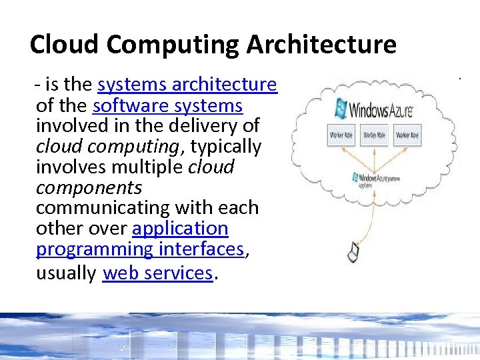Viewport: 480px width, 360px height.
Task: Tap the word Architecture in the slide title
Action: coord(321,45)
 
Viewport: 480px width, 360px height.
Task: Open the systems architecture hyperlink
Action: coord(187,85)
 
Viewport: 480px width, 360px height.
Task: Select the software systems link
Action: coord(168,105)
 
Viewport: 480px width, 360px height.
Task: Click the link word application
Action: coord(180,229)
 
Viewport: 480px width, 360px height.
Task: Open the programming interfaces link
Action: coord(141,249)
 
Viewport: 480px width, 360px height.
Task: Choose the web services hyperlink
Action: coord(157,273)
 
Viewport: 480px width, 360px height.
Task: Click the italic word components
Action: coord(89,187)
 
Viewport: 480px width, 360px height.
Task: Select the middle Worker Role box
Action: coord(375,135)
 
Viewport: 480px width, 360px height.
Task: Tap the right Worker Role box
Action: coord(407,135)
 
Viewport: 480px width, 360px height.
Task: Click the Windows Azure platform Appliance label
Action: coord(376,179)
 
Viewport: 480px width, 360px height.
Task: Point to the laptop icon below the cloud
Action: coord(353,251)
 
